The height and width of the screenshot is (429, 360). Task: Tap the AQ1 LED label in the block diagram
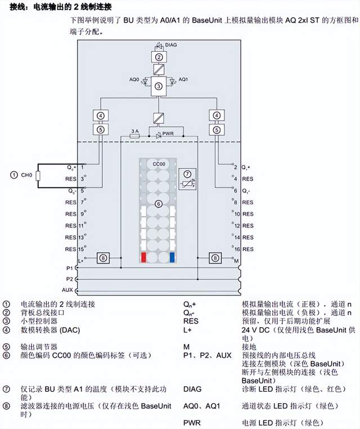point(183,79)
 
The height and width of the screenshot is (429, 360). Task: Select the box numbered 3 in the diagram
point(159,86)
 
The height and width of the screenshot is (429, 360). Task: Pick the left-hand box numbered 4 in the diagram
point(101,116)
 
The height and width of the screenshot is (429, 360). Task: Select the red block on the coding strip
point(145,258)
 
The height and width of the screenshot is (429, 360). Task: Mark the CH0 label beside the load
point(26,175)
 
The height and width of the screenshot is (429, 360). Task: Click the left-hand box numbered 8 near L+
point(102,258)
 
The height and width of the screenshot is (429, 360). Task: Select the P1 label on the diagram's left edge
point(69,269)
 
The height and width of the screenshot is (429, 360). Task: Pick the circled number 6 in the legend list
point(6,355)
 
